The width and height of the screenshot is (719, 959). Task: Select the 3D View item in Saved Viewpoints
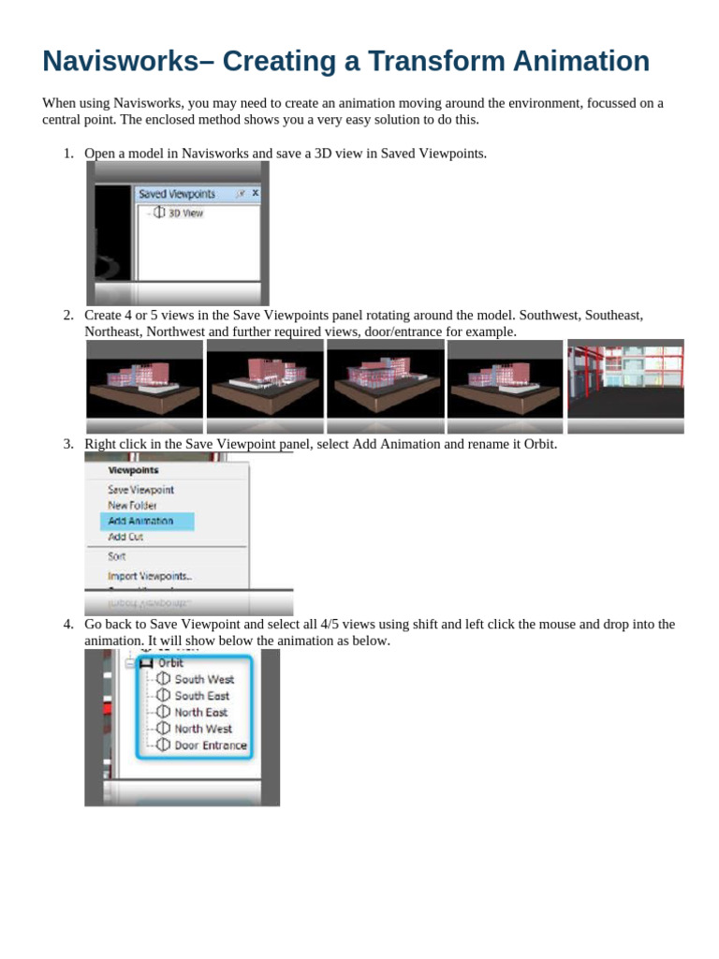[x=184, y=213]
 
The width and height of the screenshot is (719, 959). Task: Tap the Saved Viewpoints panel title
[x=177, y=194]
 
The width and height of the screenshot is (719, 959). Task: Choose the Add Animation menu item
[x=140, y=521]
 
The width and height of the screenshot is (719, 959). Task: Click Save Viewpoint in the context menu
[x=140, y=489]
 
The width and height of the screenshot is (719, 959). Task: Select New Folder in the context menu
[x=131, y=505]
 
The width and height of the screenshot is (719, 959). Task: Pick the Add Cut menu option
[x=125, y=538]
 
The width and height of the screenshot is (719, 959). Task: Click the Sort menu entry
[x=116, y=556]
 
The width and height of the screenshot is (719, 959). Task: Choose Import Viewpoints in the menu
[x=150, y=576]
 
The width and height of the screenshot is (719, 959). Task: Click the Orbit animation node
[x=170, y=662]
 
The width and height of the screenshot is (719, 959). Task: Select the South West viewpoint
[x=203, y=679]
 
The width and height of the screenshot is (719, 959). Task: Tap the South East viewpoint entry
[x=201, y=696]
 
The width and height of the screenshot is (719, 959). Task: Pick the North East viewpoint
[x=200, y=712]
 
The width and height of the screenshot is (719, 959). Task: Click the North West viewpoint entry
[x=202, y=729]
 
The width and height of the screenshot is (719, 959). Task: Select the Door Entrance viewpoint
[x=210, y=745]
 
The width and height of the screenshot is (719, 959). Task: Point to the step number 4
[x=67, y=624]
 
